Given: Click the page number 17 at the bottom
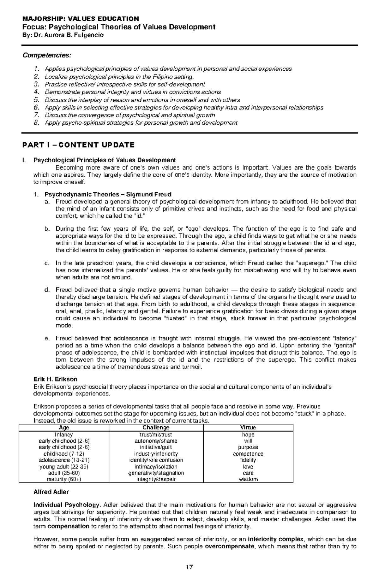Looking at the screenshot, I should point(189,567).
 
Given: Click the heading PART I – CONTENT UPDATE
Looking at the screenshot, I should point(78,145).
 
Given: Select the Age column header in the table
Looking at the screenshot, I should point(64,428).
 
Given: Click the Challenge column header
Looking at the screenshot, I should point(156,428).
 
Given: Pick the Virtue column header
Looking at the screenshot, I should point(248,428).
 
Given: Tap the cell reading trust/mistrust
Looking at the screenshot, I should point(156,434).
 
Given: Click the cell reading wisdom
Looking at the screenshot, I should point(248,479).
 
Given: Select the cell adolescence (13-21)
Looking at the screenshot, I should point(64,460).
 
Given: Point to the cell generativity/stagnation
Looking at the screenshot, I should point(156,473).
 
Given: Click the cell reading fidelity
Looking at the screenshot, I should point(248,460).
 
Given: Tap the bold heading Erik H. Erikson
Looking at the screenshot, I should point(55,379).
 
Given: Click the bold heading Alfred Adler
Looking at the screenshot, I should point(51,492).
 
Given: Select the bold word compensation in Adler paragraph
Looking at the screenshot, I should point(68,526).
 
